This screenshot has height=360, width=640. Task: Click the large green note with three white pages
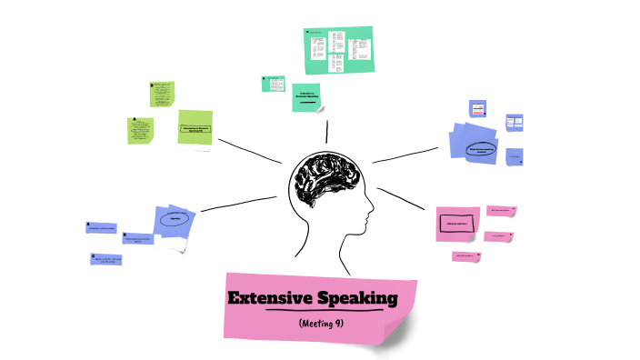pos(338,50)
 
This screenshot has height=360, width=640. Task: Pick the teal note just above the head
pos(306,96)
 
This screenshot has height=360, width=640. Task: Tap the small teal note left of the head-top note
pos(274,83)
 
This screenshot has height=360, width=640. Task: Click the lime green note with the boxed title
pos(195,128)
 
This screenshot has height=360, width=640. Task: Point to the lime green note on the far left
pos(139,131)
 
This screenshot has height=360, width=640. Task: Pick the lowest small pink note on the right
pos(465,256)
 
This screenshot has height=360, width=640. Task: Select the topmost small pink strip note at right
pos(501,210)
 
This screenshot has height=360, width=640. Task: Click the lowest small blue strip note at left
pos(106,259)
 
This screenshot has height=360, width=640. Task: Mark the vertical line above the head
pos(326,129)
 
